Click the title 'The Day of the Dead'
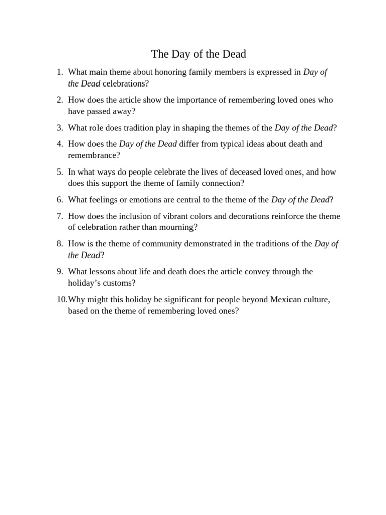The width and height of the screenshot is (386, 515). (199, 54)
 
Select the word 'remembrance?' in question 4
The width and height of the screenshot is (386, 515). (94, 155)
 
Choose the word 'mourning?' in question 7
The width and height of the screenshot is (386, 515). (179, 227)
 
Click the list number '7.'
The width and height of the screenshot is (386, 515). (59, 216)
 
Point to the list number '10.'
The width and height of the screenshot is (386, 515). (61, 300)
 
